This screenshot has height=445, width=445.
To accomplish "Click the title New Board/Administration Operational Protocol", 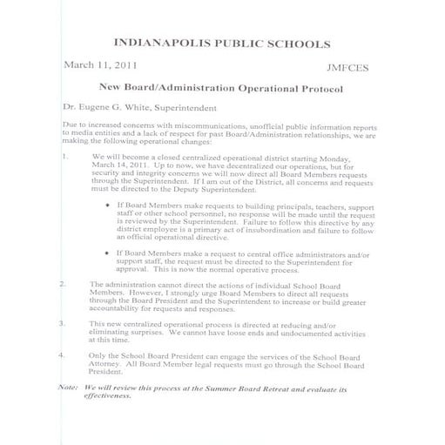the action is click(221, 89).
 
